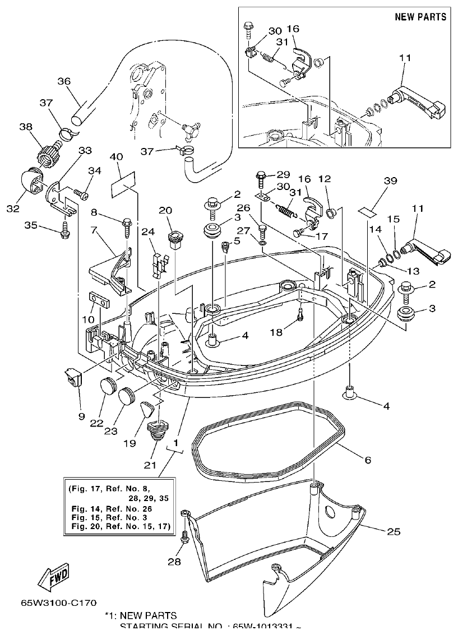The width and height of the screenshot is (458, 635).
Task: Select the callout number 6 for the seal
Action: tap(367, 460)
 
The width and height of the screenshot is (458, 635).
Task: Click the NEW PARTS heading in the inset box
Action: tap(420, 17)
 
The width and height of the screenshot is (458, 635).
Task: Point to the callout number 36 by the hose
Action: tap(64, 81)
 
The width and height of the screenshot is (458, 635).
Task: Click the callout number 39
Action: tap(390, 180)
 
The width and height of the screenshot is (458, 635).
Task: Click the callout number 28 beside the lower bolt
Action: tap(174, 562)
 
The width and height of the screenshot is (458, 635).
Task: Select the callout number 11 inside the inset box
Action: tap(405, 58)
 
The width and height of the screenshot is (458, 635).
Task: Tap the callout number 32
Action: tap(13, 208)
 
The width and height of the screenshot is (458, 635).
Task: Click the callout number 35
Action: tap(30, 225)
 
